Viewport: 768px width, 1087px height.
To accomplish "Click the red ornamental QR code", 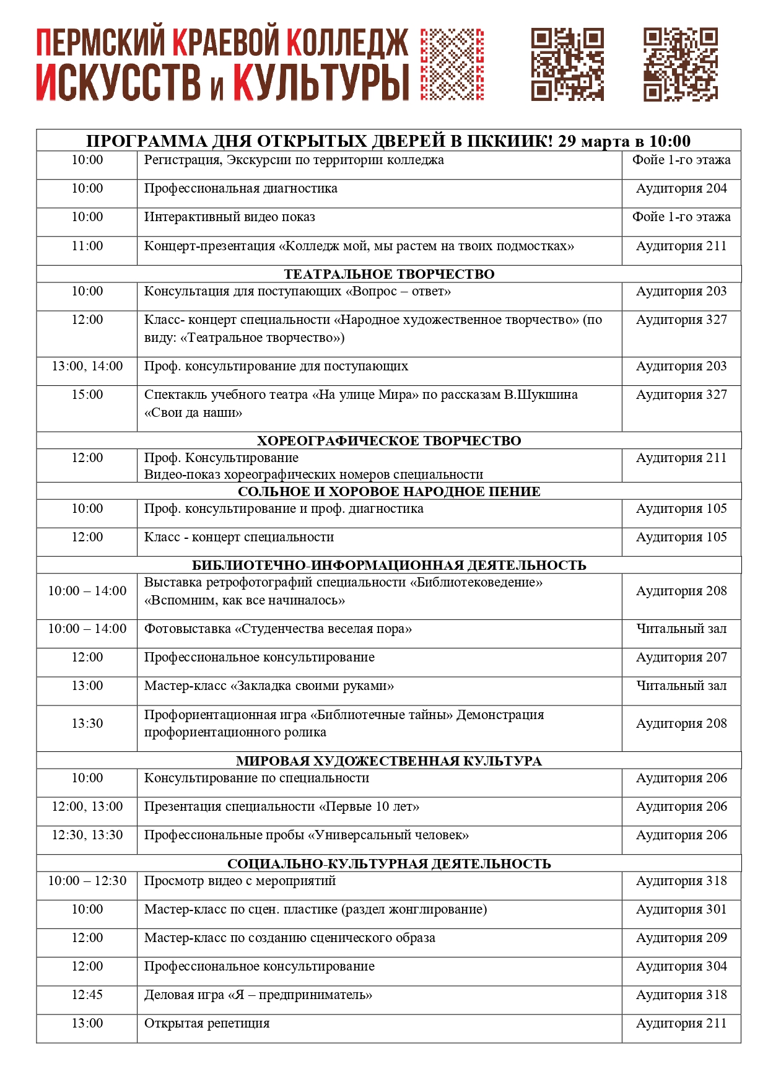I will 452,64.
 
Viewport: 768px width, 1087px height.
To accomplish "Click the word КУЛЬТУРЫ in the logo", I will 321,83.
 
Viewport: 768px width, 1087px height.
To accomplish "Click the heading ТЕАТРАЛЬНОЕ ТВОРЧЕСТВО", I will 389,274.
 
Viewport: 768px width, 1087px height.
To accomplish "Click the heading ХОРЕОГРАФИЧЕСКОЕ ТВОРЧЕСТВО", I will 389,441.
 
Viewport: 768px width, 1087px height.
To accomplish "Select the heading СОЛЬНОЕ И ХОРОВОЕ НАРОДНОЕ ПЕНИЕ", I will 389,492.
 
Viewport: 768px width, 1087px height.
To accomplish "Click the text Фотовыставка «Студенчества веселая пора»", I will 278,629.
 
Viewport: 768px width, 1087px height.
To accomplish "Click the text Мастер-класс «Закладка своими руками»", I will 269,686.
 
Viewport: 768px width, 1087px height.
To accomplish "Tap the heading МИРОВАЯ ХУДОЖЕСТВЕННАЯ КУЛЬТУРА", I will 389,761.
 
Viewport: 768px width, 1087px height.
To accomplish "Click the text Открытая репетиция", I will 207,1024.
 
